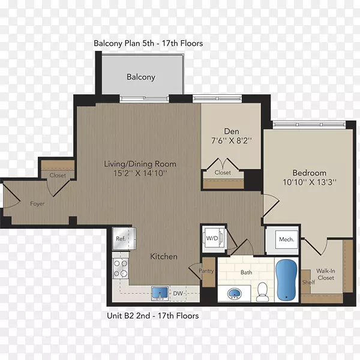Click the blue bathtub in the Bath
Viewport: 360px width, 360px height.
(286, 280)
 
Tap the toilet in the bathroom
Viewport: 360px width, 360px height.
(262, 292)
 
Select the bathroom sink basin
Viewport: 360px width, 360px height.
(234, 294)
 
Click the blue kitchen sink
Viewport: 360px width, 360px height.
(160, 293)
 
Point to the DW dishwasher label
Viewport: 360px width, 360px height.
(178, 293)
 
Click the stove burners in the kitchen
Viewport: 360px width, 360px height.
(121, 268)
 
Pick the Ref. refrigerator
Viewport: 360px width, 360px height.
(124, 239)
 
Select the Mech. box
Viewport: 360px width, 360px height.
(287, 239)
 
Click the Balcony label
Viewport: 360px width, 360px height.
(141, 77)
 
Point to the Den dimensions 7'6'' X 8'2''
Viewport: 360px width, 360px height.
(232, 140)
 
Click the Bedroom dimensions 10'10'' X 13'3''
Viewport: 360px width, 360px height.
(310, 182)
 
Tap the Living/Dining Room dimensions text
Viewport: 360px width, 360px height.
(140, 173)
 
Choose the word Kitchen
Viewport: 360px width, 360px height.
(164, 256)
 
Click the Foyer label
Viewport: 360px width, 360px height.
(37, 204)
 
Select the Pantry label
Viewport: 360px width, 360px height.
(206, 271)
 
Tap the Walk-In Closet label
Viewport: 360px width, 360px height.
(326, 274)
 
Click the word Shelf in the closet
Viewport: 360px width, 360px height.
(308, 282)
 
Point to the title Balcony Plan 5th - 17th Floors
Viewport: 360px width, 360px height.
(148, 43)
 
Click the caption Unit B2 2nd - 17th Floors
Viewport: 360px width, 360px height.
(153, 316)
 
